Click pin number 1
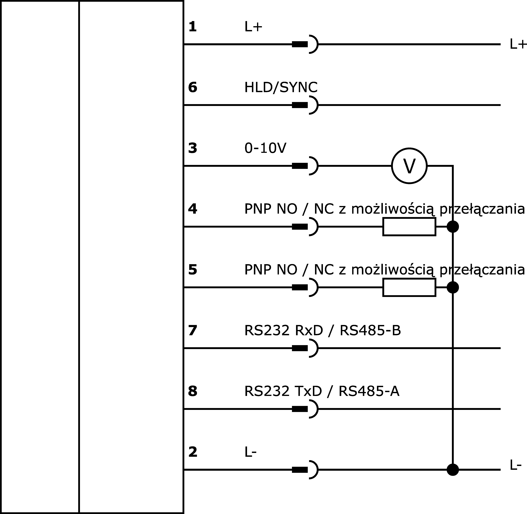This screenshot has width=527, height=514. point(192,27)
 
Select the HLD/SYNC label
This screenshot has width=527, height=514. point(281,88)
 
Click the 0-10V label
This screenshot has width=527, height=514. point(265,148)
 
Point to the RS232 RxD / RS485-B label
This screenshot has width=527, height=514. point(322,330)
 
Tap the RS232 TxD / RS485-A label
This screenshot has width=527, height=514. point(322,391)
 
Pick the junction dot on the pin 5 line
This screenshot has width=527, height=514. point(453,287)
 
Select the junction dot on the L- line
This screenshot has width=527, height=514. point(453,470)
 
